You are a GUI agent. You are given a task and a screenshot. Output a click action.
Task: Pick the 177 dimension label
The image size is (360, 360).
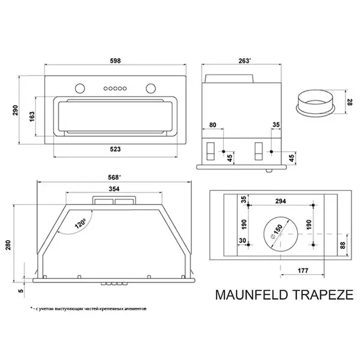coord(303,271)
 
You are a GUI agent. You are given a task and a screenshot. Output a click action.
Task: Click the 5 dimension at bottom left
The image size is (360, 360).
coord(19,293)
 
